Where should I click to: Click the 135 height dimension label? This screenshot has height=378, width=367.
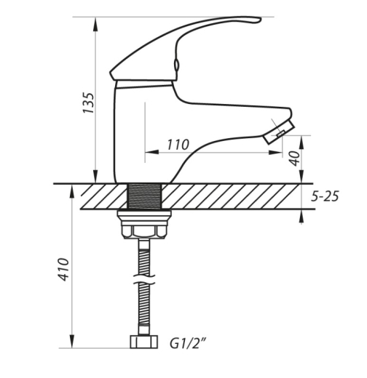(x=88, y=102)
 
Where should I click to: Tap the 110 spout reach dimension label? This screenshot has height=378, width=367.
(x=178, y=145)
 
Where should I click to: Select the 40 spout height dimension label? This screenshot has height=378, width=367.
(x=294, y=158)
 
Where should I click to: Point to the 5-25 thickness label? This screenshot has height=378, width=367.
(x=325, y=196)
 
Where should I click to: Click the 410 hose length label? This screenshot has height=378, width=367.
(x=64, y=270)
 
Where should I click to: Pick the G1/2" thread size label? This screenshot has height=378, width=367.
(x=188, y=343)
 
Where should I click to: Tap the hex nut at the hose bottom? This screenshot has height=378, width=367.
(x=144, y=342)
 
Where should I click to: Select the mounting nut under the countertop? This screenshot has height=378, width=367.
(x=144, y=225)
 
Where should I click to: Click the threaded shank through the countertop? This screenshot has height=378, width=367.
(x=145, y=196)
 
